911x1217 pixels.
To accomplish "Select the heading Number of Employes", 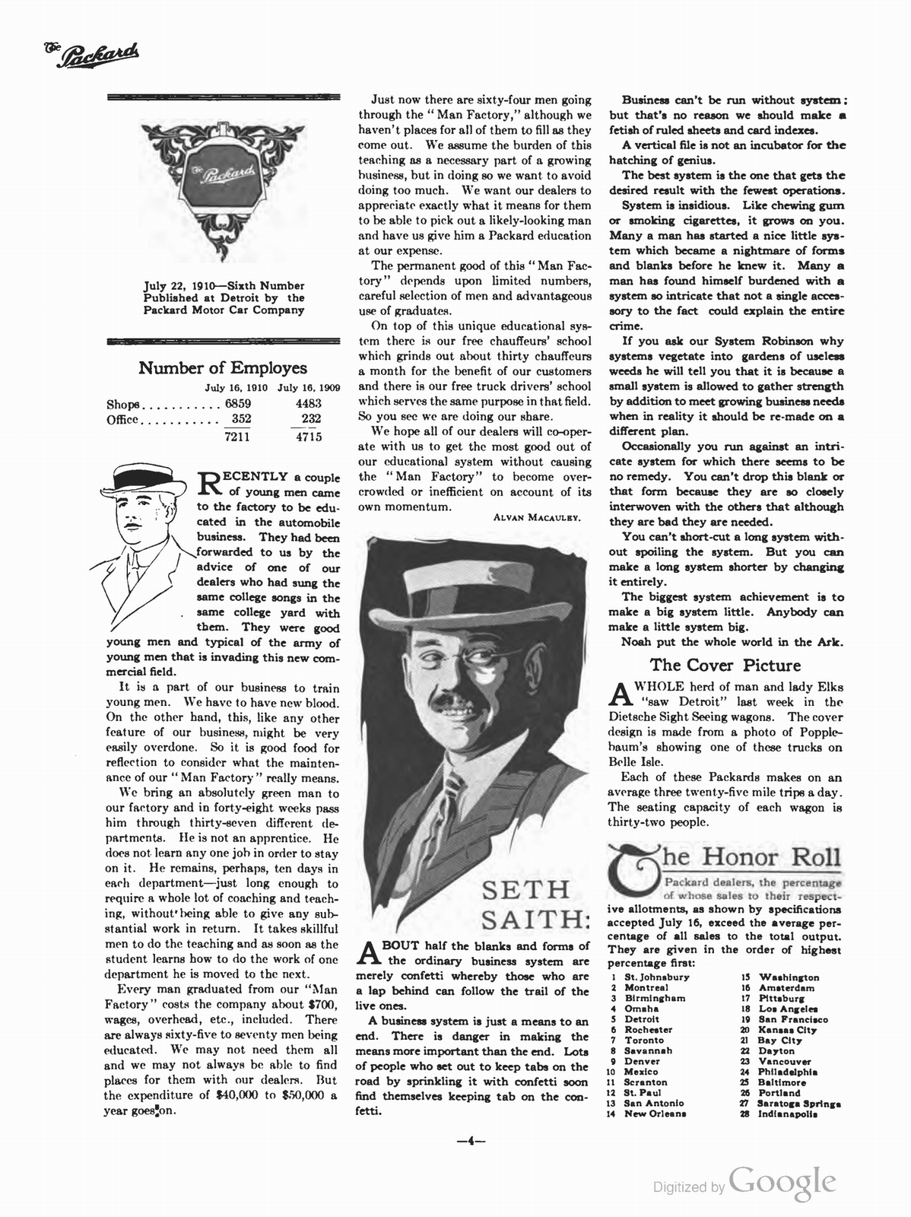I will coord(223,368).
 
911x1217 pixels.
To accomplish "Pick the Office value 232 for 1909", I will coord(311,419).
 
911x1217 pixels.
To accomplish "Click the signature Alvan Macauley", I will coord(537,518).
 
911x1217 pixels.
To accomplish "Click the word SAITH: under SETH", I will coord(535,920).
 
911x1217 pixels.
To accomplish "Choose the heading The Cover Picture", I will coord(725,666).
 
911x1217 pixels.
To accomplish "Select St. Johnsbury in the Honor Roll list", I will coord(656,977).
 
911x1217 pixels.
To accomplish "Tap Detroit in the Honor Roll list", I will coord(642,1018).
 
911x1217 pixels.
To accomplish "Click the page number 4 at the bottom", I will coord(471,1139).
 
